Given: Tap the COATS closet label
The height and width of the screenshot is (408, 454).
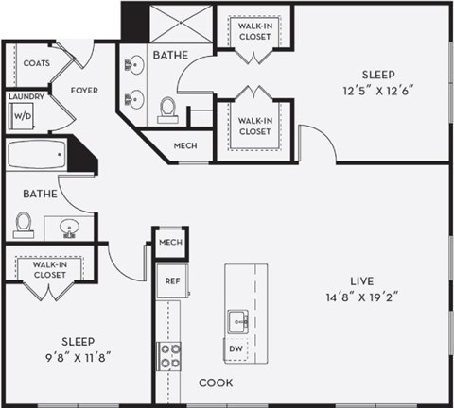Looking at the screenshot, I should pyautogui.click(x=37, y=63).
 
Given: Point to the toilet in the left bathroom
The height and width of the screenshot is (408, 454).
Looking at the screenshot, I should pyautogui.click(x=24, y=223).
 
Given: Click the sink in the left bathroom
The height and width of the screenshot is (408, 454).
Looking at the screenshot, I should pyautogui.click(x=69, y=227).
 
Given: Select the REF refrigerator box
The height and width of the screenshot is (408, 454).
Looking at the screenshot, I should pyautogui.click(x=172, y=280).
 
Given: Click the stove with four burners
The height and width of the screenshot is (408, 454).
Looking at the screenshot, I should pyautogui.click(x=170, y=357).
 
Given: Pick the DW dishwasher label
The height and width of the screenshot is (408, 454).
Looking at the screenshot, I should pyautogui.click(x=236, y=349).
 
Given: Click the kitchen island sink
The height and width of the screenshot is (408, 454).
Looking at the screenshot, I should pyautogui.click(x=237, y=321).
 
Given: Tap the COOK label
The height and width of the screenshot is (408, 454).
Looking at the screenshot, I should pyautogui.click(x=216, y=382).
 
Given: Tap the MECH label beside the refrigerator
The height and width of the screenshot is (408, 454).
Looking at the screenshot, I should pyautogui.click(x=170, y=243).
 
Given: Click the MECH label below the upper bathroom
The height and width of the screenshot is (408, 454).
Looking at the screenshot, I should pyautogui.click(x=185, y=146).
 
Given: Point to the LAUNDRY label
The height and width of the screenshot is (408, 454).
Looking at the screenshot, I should pyautogui.click(x=21, y=96).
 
